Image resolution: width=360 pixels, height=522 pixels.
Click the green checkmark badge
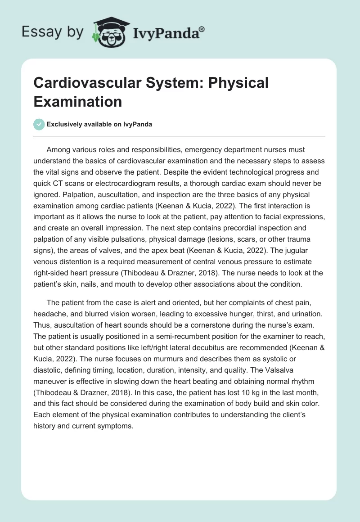[x=39, y=125]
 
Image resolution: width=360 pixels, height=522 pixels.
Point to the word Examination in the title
[x=77, y=101]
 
